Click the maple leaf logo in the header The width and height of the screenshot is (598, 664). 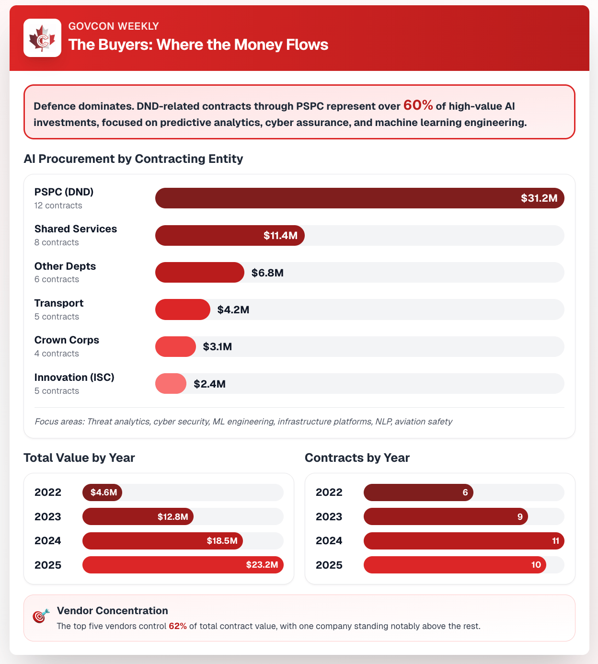coord(42,38)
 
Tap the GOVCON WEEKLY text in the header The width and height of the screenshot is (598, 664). coord(114,26)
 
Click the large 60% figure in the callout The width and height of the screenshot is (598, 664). coord(418,105)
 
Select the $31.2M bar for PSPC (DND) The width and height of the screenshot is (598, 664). coord(359,198)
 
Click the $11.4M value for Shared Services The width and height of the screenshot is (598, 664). coord(280,236)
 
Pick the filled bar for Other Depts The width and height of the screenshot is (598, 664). coord(199,273)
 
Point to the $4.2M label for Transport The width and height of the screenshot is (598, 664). coord(233,309)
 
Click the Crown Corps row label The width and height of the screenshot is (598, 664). coord(67,340)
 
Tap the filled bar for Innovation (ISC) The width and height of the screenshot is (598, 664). coord(171,384)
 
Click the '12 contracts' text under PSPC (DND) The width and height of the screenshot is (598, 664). coord(58,206)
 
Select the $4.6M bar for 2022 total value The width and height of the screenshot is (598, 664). coord(102,492)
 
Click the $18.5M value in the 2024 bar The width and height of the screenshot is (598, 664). coord(222,541)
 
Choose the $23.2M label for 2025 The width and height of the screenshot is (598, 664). coord(262,565)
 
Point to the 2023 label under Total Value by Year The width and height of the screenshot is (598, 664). coord(48,517)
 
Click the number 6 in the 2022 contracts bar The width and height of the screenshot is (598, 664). coord(465,492)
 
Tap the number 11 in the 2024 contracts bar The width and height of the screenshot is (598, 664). coord(555,541)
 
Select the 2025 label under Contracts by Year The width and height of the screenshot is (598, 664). coord(329,565)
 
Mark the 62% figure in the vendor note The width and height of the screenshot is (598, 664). coord(178,626)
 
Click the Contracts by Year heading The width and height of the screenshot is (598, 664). coord(357,458)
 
